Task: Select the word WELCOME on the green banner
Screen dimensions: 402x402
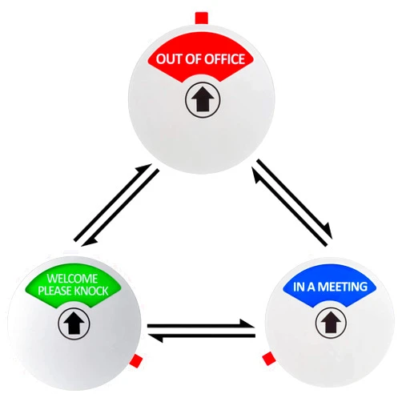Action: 72,279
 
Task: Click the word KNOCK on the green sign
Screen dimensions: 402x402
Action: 91,291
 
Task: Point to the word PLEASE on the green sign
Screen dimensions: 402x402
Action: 55,291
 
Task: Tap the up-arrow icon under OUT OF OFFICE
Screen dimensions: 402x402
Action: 203,99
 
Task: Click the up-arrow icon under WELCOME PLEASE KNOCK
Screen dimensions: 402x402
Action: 74,324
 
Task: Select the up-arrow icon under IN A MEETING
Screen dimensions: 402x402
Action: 331,322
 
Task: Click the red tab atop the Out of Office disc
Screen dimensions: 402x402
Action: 202,18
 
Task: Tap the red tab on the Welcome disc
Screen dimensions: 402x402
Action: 136,360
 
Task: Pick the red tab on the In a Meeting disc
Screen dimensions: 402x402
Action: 268,359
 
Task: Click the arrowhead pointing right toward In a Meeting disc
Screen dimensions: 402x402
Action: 247,324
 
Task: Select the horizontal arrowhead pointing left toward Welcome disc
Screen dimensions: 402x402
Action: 155,338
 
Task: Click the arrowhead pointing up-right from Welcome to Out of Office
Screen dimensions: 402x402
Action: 144,169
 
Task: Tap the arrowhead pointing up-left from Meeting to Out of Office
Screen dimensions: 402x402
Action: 255,175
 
